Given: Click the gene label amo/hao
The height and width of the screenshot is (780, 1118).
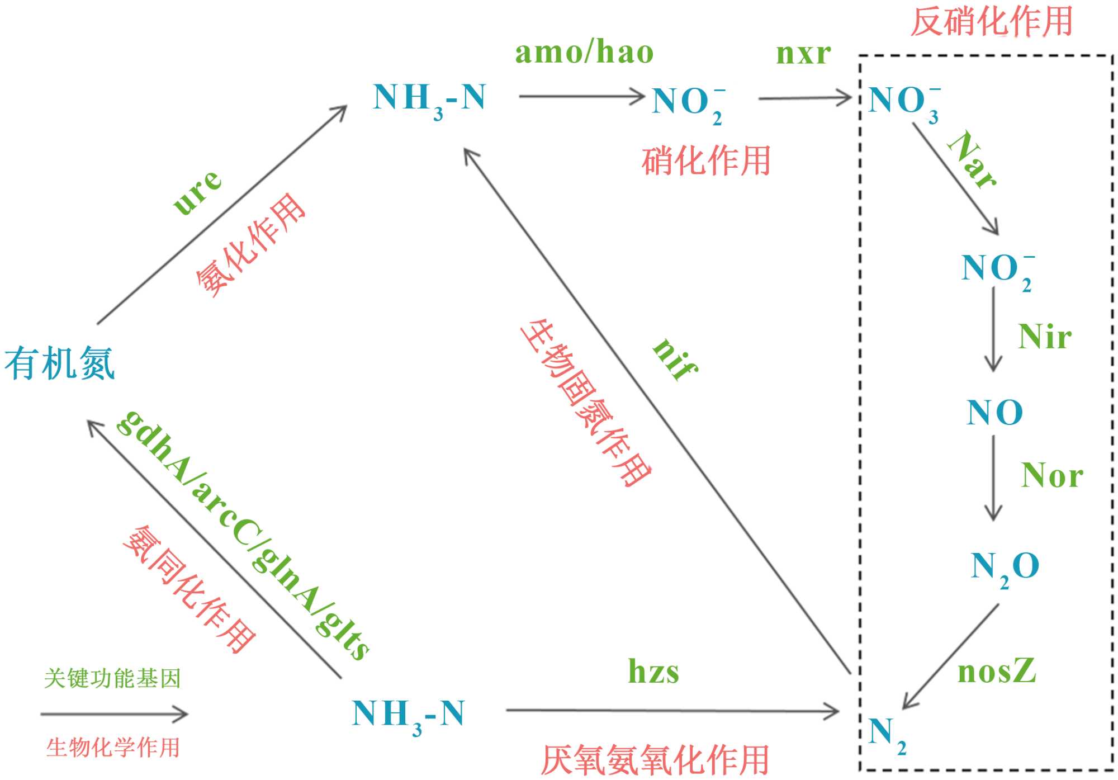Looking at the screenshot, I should coord(584,53).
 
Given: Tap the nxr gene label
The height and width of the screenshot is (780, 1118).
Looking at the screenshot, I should coord(803,54).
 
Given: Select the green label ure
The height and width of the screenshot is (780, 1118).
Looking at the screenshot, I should coord(197,191).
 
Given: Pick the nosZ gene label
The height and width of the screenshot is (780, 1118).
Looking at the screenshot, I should coord(997,670).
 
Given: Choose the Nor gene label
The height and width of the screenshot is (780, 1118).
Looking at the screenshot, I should coord(1052,476).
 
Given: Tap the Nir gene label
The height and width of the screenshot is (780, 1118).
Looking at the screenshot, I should coord(1045,337).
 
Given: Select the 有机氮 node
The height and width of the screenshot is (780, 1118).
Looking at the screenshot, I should coord(60,363).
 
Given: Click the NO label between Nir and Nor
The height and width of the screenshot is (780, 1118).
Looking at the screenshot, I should coord(994,413).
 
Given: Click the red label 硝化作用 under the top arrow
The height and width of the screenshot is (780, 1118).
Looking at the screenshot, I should coord(706,161).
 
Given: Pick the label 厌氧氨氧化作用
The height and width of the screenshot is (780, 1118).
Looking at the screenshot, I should coord(655,760).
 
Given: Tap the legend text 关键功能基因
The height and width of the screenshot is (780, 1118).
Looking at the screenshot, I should coord(112,678).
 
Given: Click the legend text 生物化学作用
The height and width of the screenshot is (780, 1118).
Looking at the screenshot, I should coord(113,748).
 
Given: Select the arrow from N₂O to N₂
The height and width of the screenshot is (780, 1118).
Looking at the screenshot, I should coord(950,656).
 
